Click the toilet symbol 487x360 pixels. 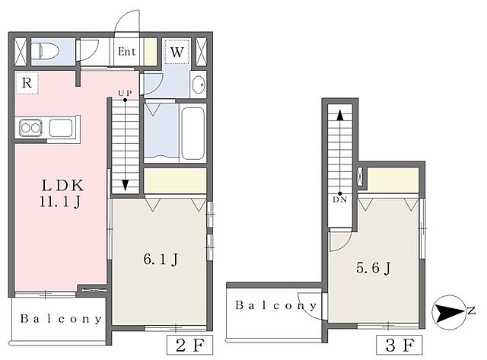click(46, 51)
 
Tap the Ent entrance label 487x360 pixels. click(127, 52)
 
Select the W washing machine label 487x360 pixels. click(177, 52)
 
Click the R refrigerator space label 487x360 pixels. click(27, 83)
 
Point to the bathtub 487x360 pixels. click(193, 133)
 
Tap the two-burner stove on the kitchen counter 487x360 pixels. click(30, 128)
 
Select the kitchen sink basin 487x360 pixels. click(61, 127)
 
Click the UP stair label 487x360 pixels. click(125, 93)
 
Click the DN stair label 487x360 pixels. click(340, 199)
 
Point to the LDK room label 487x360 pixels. click(62, 186)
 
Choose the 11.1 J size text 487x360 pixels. click(61, 202)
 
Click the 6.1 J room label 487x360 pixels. click(161, 260)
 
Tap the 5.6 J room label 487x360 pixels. click(373, 268)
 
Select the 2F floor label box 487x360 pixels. click(189, 345)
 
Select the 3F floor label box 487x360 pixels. click(399, 345)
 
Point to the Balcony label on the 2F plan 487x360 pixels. click(61, 319)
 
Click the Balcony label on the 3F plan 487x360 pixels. click(275, 305)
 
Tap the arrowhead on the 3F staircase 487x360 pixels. click(340, 115)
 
